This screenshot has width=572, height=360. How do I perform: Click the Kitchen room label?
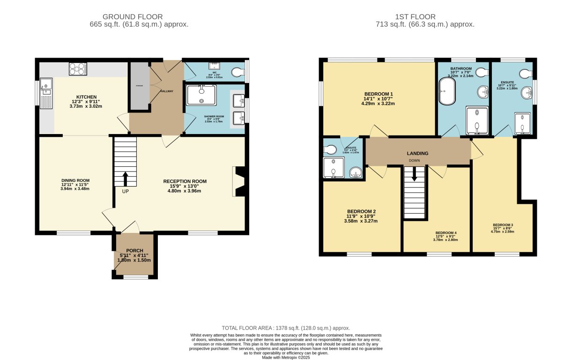(x=86, y=97)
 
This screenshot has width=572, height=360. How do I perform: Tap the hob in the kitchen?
(x=78, y=69)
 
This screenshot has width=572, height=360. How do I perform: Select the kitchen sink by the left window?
(x=46, y=87)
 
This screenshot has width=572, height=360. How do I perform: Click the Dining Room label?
(x=75, y=180)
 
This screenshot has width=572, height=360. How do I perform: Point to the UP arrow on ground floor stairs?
(x=125, y=179)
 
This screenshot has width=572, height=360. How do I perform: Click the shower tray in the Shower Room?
(x=201, y=95)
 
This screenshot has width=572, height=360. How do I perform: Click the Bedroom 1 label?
(x=379, y=94)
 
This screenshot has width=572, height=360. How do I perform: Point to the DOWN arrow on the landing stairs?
(x=414, y=175)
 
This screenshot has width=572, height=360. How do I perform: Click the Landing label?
(x=418, y=153)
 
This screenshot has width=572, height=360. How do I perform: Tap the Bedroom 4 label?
(x=446, y=233)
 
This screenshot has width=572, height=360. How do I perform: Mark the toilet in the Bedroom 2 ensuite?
(x=330, y=149)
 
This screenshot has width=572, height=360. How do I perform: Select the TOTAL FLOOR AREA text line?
(x=286, y=328)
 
